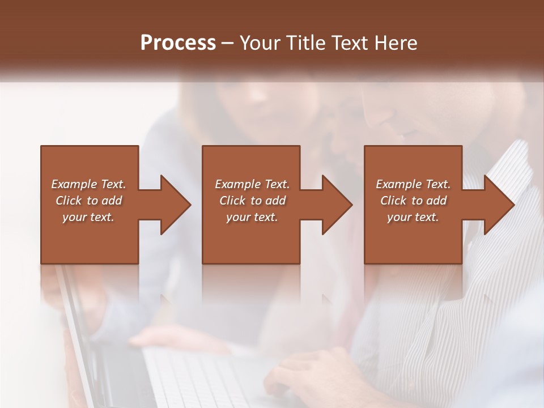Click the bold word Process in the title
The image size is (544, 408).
click(x=178, y=43)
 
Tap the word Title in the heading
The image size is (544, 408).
click(x=307, y=43)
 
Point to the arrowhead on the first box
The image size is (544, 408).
click(x=170, y=205)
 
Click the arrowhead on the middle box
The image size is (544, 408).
click(x=331, y=205)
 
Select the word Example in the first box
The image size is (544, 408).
click(x=74, y=184)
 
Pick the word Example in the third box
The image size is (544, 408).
click(x=398, y=184)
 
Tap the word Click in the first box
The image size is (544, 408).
click(x=69, y=201)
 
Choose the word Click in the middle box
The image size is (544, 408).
click(x=232, y=201)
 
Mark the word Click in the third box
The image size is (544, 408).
click(x=393, y=201)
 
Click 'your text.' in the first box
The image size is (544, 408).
click(x=89, y=217)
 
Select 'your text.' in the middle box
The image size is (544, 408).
click(x=252, y=217)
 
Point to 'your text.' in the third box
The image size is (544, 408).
click(x=413, y=217)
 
